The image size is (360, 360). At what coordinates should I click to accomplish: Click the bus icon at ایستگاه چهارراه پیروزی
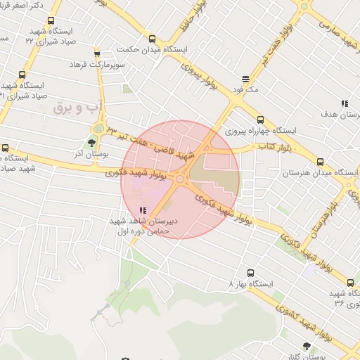(261, 120)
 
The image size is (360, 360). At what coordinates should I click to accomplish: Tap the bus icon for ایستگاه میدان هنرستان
(321, 162)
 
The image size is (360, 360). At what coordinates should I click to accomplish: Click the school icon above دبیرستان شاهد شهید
(143, 210)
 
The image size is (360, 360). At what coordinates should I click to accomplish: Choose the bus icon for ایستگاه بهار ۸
(250, 272)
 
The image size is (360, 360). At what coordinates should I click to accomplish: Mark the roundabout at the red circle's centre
(180, 180)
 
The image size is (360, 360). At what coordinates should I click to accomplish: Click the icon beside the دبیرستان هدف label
(344, 103)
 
